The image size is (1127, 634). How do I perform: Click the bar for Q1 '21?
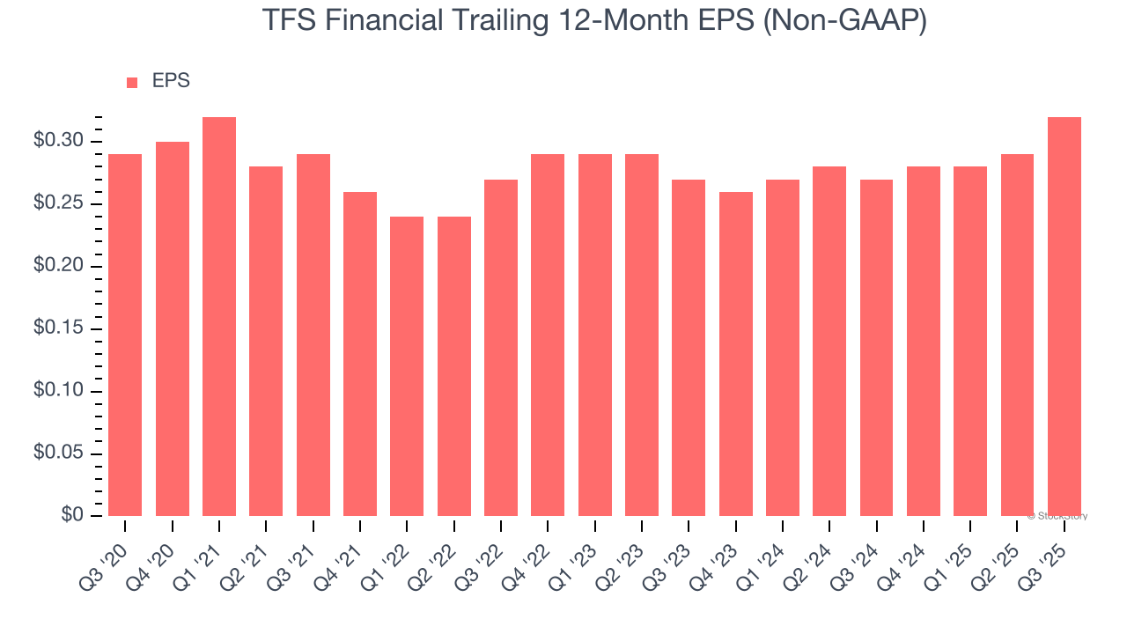click(x=219, y=317)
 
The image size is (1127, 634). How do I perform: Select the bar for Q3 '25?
click(x=1064, y=317)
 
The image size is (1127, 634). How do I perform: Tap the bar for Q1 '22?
click(x=407, y=366)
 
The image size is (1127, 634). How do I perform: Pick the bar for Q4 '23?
click(x=735, y=354)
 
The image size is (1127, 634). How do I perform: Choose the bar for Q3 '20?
click(x=125, y=335)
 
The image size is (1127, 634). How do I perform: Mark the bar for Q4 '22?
click(x=548, y=335)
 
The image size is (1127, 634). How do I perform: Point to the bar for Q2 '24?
click(x=829, y=342)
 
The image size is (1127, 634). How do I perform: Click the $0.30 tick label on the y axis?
click(x=59, y=142)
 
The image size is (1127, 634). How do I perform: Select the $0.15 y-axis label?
click(x=59, y=329)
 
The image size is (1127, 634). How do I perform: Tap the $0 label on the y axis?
click(x=71, y=516)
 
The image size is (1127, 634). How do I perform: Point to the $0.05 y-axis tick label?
click(x=59, y=454)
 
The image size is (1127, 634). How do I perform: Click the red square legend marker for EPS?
click(x=132, y=83)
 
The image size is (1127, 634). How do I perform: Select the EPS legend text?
click(x=171, y=82)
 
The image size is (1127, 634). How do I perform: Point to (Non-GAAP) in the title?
click(x=844, y=21)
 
